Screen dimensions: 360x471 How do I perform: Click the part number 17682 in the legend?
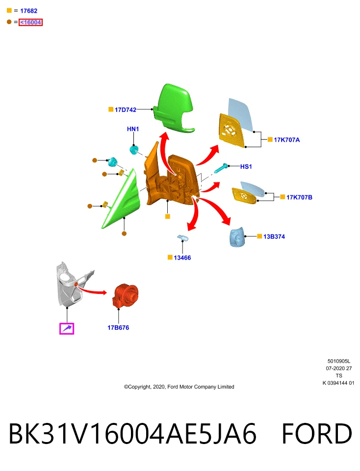click(x=29, y=11)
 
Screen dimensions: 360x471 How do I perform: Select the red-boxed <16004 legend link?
click(x=30, y=22)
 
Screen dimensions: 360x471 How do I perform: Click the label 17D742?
click(x=126, y=110)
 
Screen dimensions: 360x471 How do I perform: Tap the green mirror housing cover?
click(x=174, y=108)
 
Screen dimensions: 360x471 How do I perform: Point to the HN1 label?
click(x=133, y=129)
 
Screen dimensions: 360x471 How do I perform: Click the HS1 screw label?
click(x=246, y=166)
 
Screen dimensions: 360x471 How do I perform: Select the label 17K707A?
click(x=287, y=140)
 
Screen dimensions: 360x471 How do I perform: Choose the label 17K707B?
click(x=299, y=197)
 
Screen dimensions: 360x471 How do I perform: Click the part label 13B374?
click(x=274, y=236)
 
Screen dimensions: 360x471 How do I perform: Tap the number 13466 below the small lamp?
click(x=182, y=258)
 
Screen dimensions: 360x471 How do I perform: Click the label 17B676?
click(x=118, y=328)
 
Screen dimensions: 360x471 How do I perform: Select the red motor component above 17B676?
click(x=126, y=296)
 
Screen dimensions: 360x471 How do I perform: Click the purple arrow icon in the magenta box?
click(x=67, y=329)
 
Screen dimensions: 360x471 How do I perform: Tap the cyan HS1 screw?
click(x=221, y=168)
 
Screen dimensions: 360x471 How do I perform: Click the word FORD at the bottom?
click(x=316, y=433)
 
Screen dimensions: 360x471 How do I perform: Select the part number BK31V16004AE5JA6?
click(x=132, y=433)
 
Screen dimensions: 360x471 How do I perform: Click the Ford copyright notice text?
click(x=179, y=387)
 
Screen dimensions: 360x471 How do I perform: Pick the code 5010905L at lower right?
click(x=339, y=362)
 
